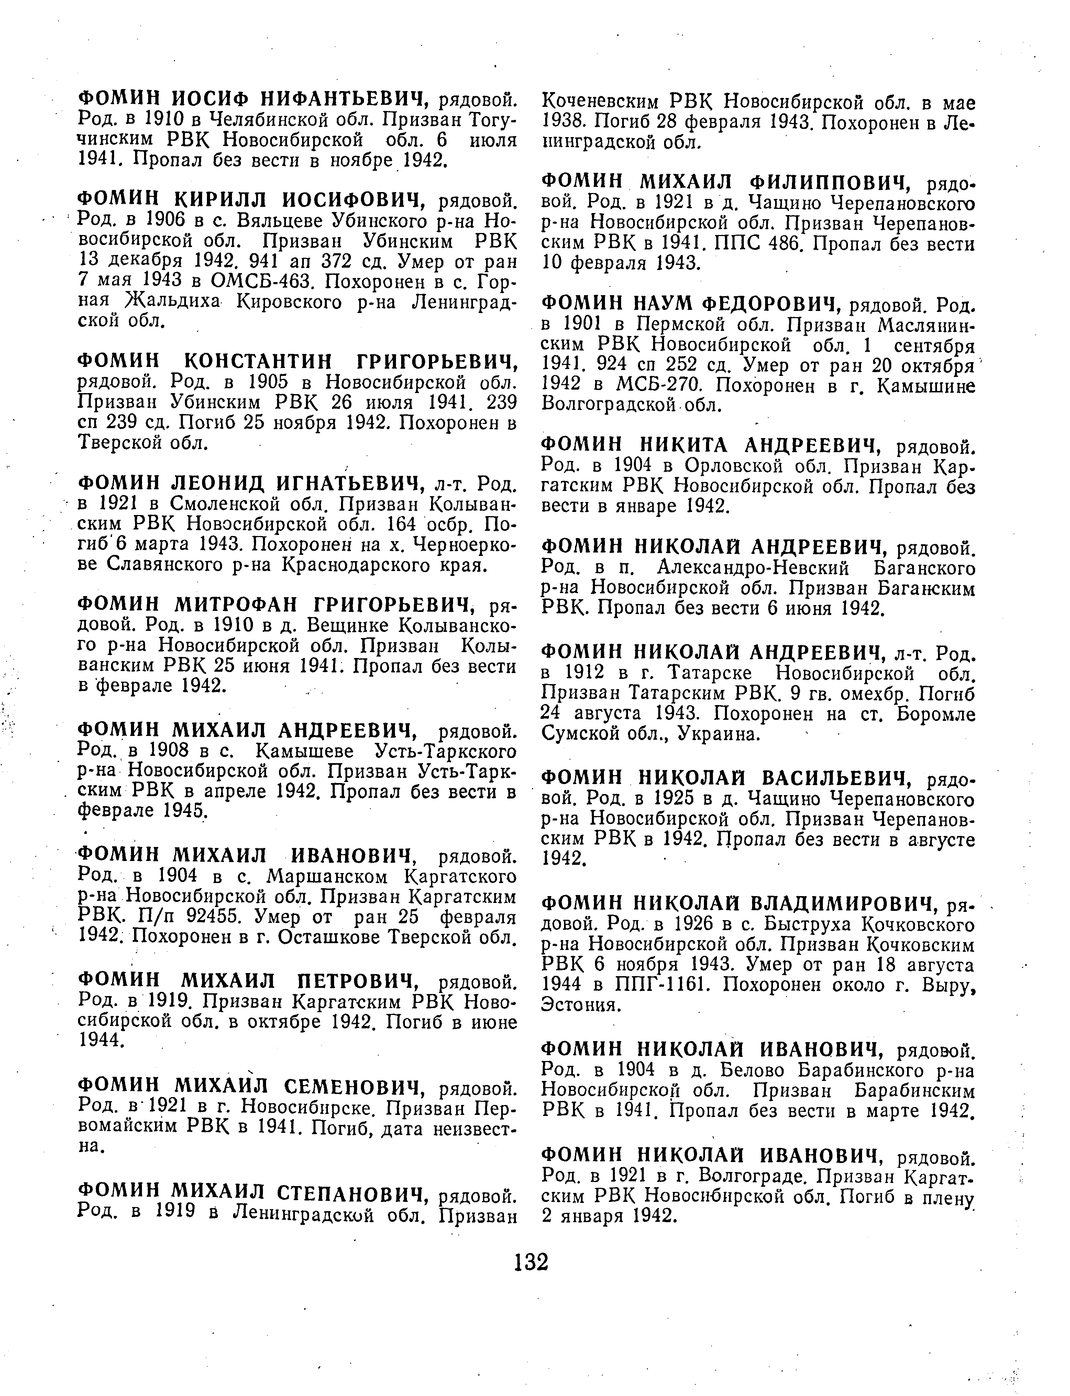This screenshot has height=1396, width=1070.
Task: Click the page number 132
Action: (531, 1260)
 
